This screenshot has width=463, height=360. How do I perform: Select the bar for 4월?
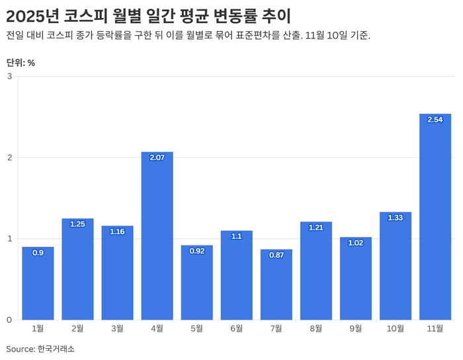157,236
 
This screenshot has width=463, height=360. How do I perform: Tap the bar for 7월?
276,285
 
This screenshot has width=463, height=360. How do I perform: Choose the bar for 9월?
356,279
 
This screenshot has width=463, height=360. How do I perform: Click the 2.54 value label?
435,120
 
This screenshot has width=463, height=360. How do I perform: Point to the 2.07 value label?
157,157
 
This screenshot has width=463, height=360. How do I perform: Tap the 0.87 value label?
276,255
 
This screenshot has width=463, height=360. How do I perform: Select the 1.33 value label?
396,218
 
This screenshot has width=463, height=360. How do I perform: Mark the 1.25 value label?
77,224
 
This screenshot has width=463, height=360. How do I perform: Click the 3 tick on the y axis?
10,76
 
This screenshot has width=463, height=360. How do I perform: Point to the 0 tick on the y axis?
10,320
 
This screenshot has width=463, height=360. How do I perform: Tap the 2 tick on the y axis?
10,157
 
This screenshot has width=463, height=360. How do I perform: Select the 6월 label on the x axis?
236,328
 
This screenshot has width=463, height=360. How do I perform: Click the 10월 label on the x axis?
396,328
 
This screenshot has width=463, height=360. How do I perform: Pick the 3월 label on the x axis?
117,328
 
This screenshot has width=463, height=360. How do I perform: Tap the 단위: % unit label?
21,63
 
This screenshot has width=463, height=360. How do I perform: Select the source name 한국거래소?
56,349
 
